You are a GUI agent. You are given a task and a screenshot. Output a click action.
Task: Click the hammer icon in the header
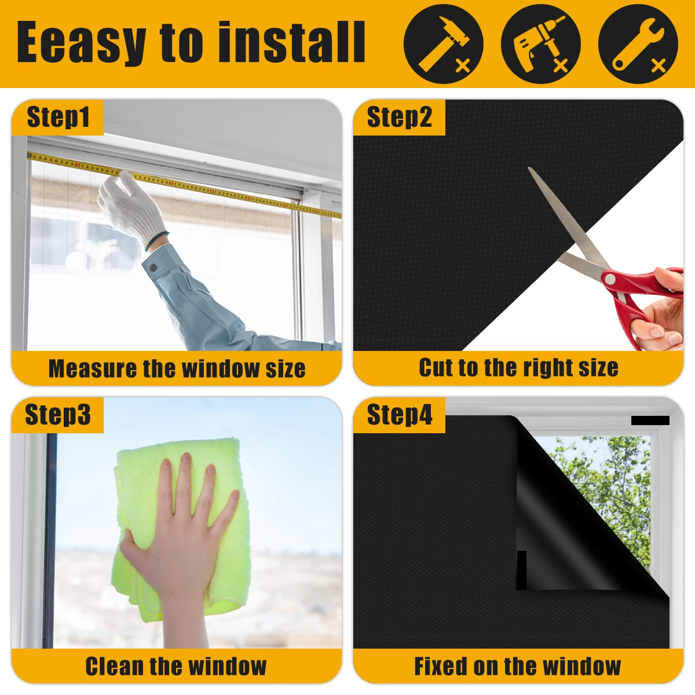pyautogui.click(x=443, y=44)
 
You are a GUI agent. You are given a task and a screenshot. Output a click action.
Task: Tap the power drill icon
pyautogui.click(x=540, y=44)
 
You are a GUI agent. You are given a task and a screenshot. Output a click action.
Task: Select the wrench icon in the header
pyautogui.click(x=637, y=44)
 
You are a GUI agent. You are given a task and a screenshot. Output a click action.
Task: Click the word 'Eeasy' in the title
pyautogui.click(x=80, y=43)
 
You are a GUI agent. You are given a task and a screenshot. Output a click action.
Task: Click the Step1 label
pyautogui.click(x=58, y=118)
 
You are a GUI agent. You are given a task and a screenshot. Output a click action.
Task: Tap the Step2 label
pyautogui.click(x=399, y=118)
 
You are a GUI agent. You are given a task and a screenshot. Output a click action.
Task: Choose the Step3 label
pyautogui.click(x=58, y=415)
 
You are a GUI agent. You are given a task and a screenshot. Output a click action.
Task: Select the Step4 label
pyautogui.click(x=399, y=415)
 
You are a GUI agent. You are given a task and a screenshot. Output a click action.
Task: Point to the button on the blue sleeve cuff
pyautogui.click(x=153, y=268)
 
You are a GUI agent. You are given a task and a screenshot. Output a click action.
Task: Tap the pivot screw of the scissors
pyautogui.click(x=609, y=279)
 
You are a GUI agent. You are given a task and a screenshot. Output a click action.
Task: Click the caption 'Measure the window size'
pyautogui.click(x=177, y=369)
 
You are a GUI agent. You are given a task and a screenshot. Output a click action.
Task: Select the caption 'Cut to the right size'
pyautogui.click(x=518, y=368)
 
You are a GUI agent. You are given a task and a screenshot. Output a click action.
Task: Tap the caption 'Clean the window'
pyautogui.click(x=176, y=666)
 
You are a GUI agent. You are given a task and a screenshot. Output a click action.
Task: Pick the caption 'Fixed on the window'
pyautogui.click(x=517, y=666)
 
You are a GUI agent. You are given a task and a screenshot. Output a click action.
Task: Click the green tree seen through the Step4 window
pyautogui.click(x=614, y=481)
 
